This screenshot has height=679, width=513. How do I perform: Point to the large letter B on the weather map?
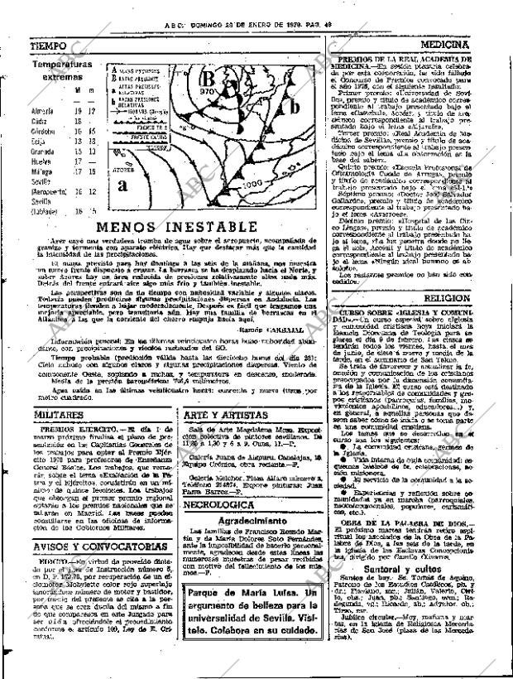pyautogui.click(x=209, y=79)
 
